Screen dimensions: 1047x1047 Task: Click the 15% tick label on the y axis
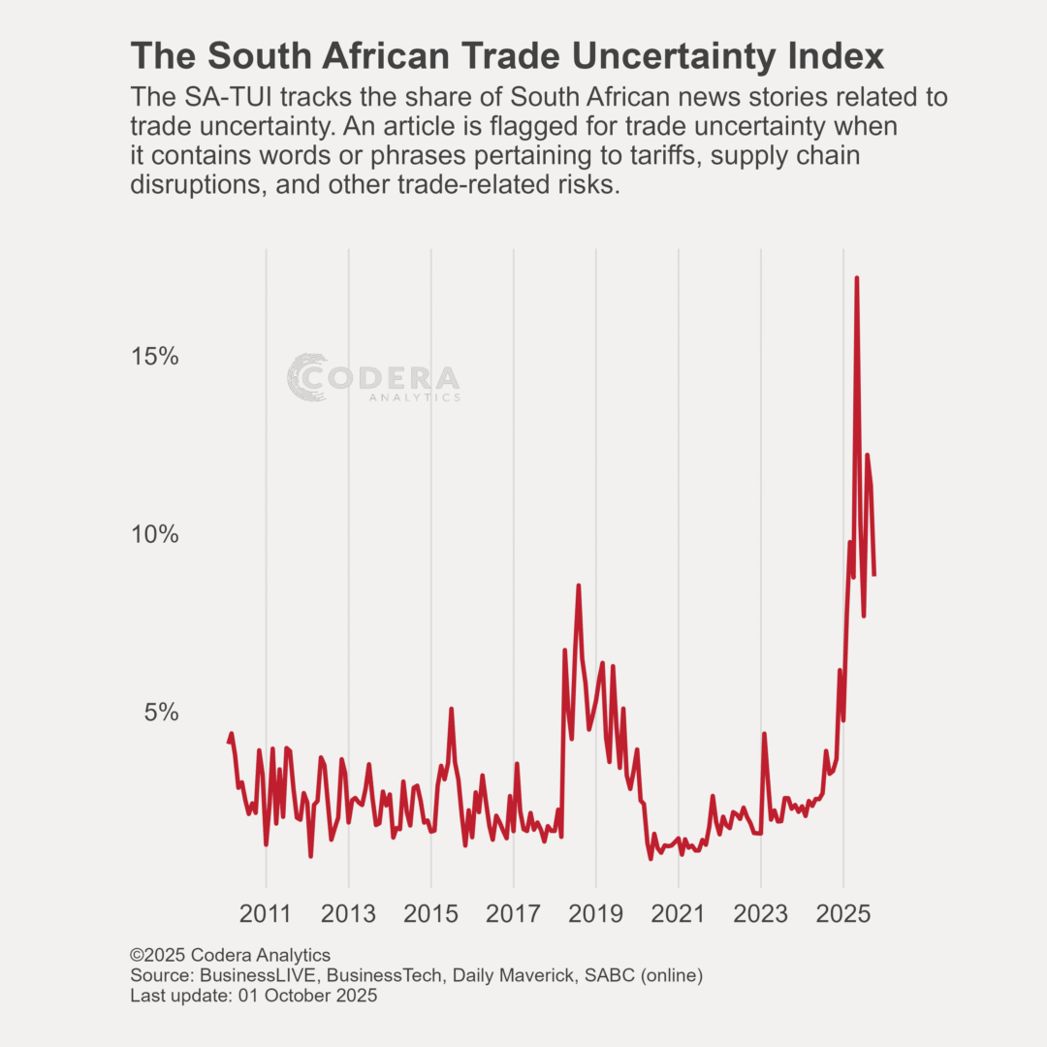(155, 357)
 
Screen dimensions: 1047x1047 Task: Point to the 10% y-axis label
(155, 534)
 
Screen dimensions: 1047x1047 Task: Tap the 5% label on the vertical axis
(162, 713)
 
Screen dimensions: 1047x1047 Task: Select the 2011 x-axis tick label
(266, 914)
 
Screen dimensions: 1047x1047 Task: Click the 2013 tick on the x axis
(348, 914)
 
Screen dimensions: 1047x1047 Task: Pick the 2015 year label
(430, 914)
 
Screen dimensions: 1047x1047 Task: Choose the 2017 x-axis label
(513, 914)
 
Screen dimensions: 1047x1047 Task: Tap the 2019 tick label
(595, 914)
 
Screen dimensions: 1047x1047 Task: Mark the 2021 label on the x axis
(678, 914)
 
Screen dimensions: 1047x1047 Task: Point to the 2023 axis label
(760, 914)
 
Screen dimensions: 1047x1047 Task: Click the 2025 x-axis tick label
(842, 914)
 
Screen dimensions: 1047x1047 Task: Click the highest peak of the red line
(856, 278)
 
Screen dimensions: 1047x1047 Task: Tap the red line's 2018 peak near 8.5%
(578, 586)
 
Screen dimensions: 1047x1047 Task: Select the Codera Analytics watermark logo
(373, 378)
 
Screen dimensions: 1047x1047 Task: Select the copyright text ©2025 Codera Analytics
(230, 955)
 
